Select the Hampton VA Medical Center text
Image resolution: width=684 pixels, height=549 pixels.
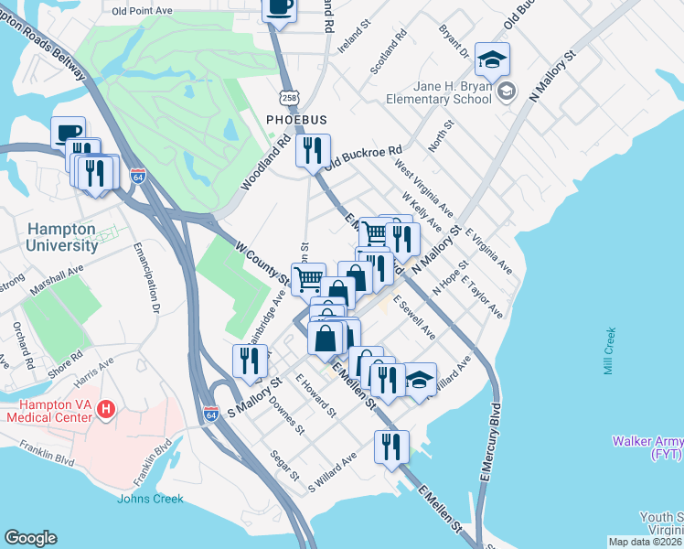(x=50, y=411)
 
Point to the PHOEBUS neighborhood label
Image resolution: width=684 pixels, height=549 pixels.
(x=291, y=120)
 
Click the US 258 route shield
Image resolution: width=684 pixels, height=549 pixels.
(x=289, y=96)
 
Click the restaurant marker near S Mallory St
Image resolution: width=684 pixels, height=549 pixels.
(x=249, y=360)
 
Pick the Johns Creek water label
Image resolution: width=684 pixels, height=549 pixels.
(x=150, y=499)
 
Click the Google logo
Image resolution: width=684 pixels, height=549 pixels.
(x=30, y=537)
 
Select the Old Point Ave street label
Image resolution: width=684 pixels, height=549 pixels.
(x=143, y=12)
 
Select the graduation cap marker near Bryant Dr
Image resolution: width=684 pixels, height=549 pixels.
(x=492, y=59)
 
